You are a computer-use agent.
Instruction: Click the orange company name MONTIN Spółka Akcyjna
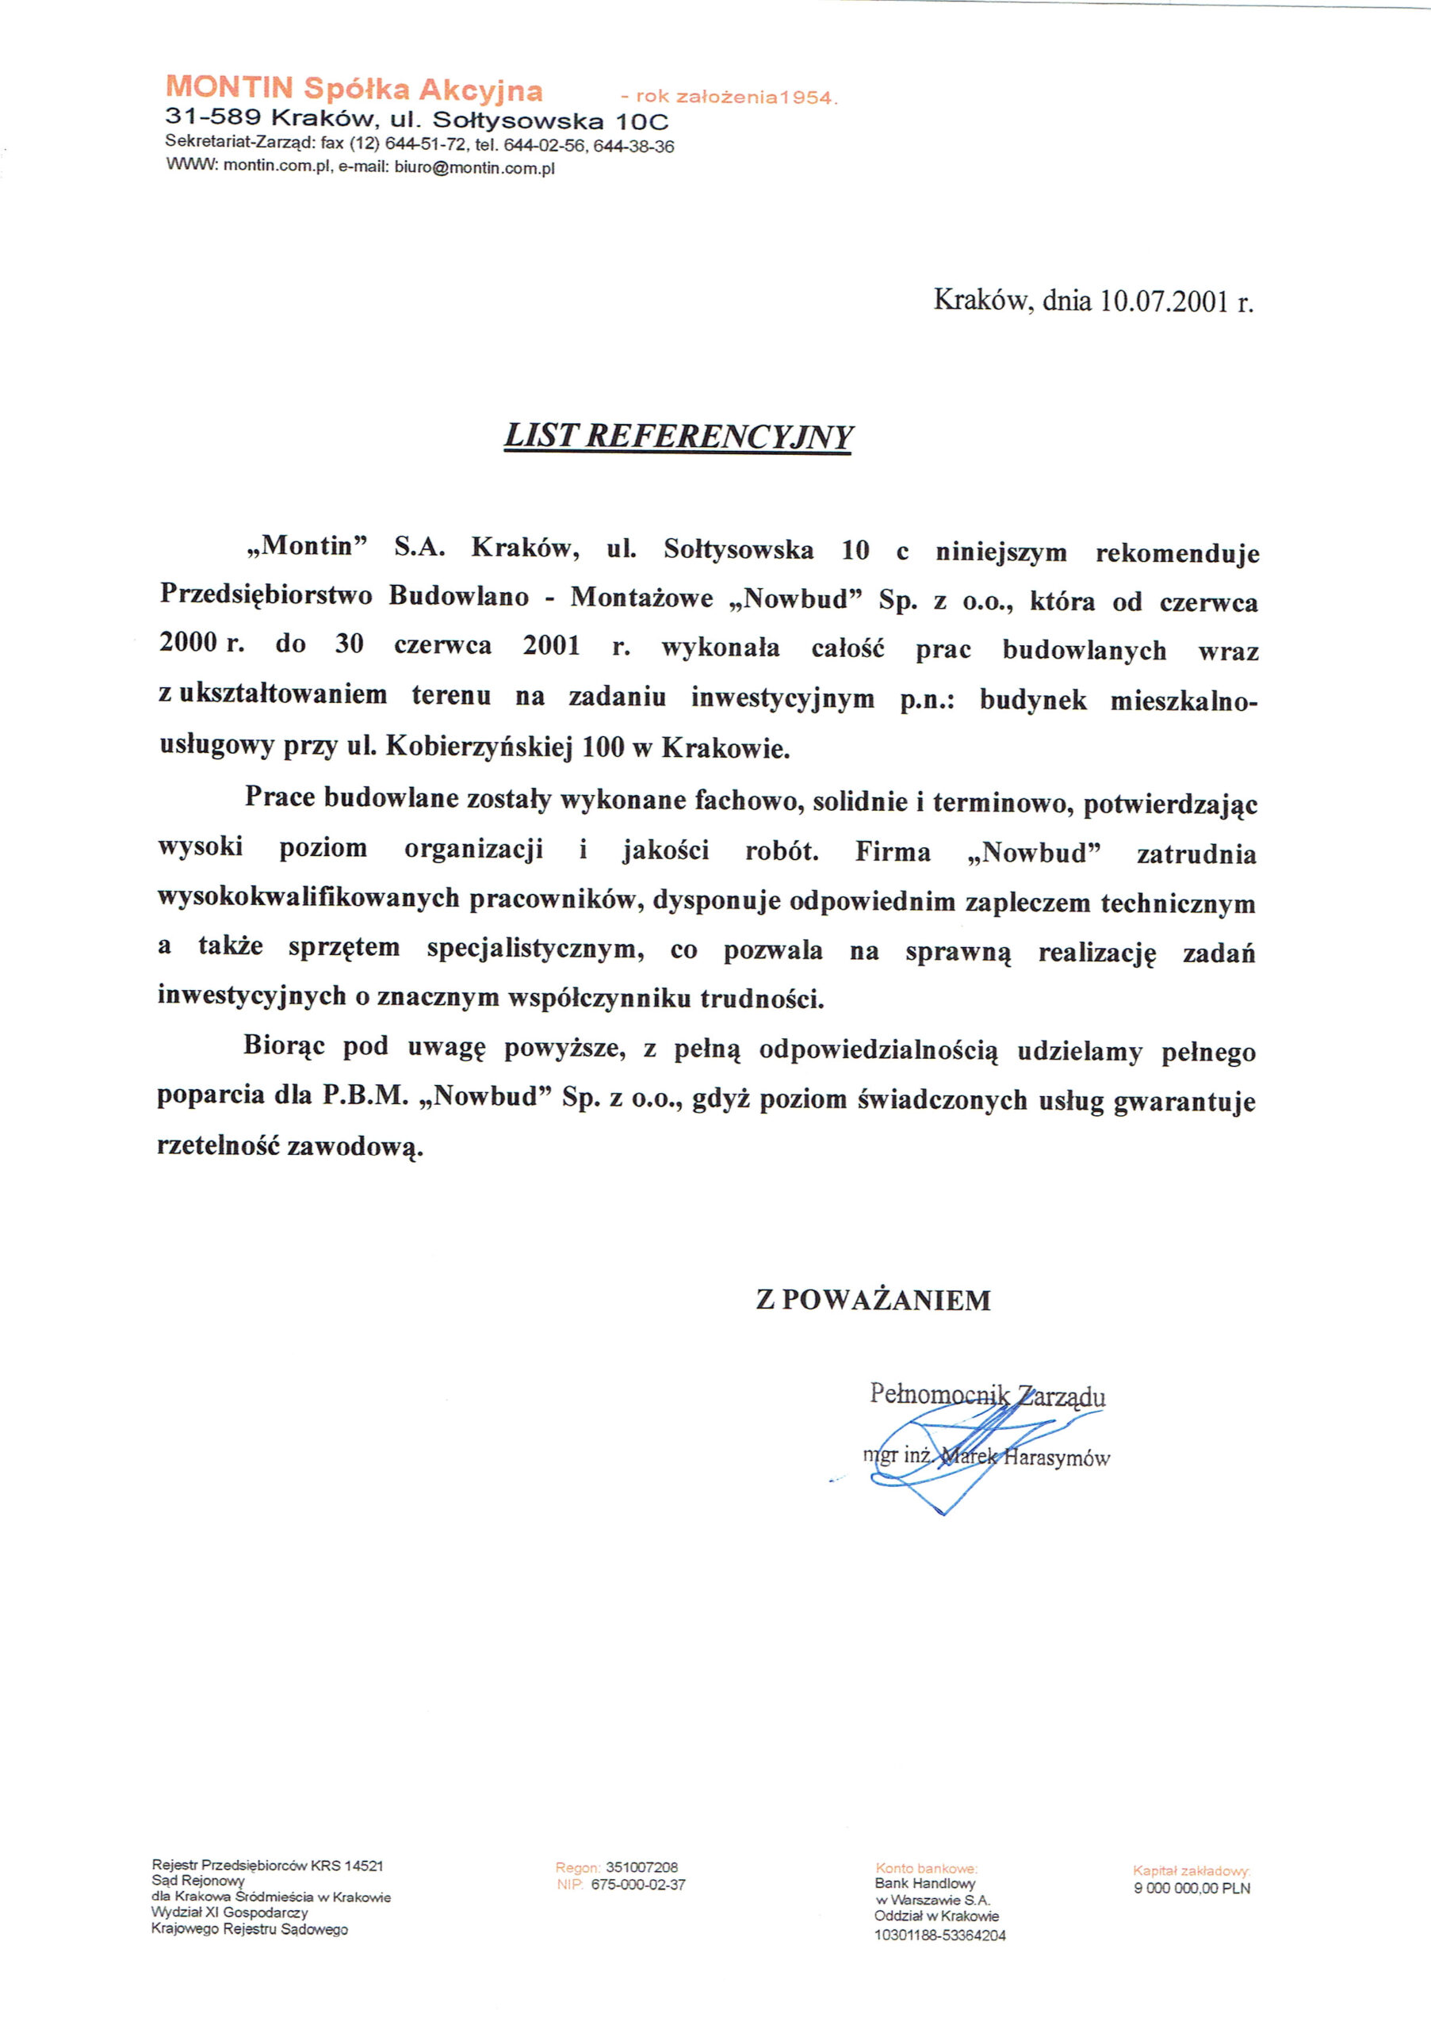pyautogui.click(x=354, y=88)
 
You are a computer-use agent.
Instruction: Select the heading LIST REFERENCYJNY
pyautogui.click(x=678, y=437)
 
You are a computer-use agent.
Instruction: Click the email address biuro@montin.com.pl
pyautogui.click(x=475, y=169)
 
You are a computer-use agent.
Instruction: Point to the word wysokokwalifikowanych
pyautogui.click(x=309, y=900)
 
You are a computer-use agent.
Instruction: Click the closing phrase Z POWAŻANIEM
pyautogui.click(x=874, y=1300)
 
